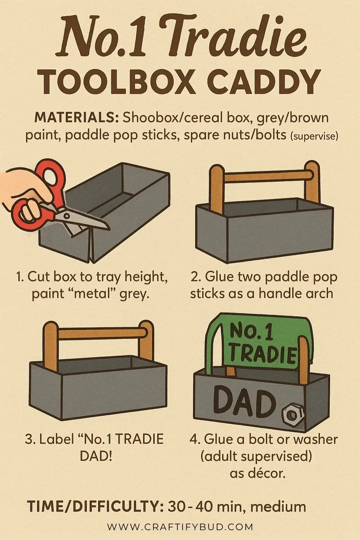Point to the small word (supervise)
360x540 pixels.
pos(314,136)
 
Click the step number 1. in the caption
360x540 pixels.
pos(20,277)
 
